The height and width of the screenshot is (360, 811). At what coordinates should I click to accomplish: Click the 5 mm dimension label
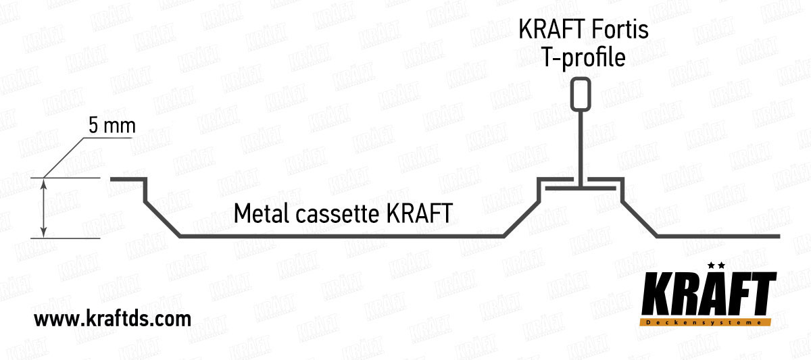(x=112, y=126)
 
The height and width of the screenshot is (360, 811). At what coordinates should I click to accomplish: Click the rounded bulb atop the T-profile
(x=580, y=94)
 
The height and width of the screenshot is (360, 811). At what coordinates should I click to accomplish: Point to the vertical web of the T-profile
(x=580, y=145)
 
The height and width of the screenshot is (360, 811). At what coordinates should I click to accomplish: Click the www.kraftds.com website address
(x=112, y=318)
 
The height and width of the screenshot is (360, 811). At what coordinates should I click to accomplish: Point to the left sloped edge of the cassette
(x=162, y=218)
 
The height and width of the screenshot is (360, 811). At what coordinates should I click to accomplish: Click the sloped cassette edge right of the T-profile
(x=639, y=218)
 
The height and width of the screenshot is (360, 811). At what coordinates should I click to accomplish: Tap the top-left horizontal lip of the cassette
(x=127, y=179)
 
